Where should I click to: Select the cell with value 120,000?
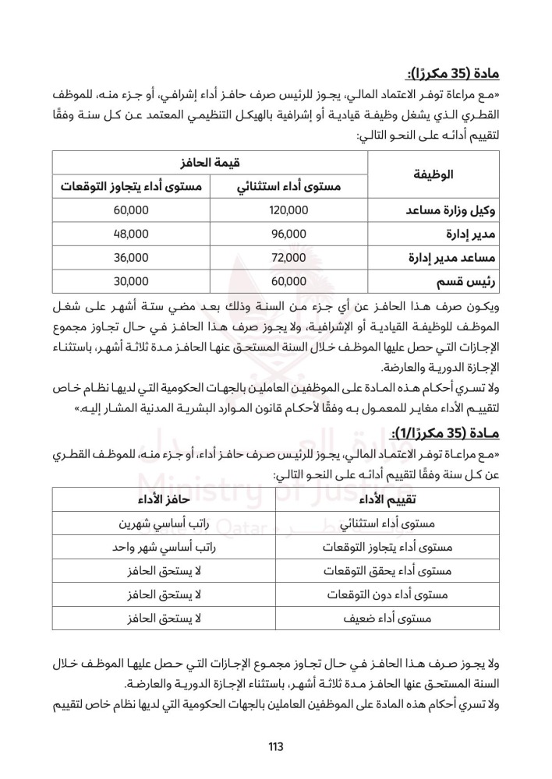point(288,211)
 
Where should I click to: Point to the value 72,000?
point(288,256)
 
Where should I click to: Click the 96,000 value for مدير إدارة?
point(288,234)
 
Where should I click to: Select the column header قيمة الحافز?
point(211,164)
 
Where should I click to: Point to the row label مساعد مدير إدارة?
point(452,256)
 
